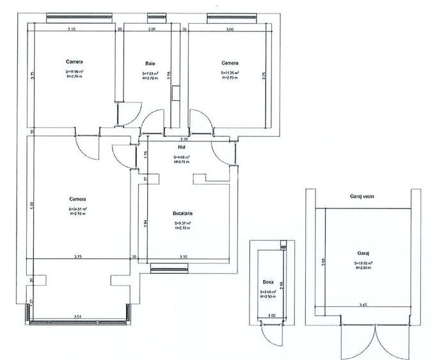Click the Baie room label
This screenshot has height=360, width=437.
[x=150, y=63]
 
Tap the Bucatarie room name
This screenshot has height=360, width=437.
[x=183, y=213]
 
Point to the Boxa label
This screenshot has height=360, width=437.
[x=268, y=281]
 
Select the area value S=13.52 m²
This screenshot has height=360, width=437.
[x=363, y=263]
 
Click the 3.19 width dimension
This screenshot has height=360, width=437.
[x=72, y=29]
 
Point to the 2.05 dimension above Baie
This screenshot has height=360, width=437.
[x=152, y=29]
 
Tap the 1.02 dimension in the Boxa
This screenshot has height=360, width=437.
[x=270, y=315]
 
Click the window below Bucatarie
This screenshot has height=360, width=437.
[x=168, y=269]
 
